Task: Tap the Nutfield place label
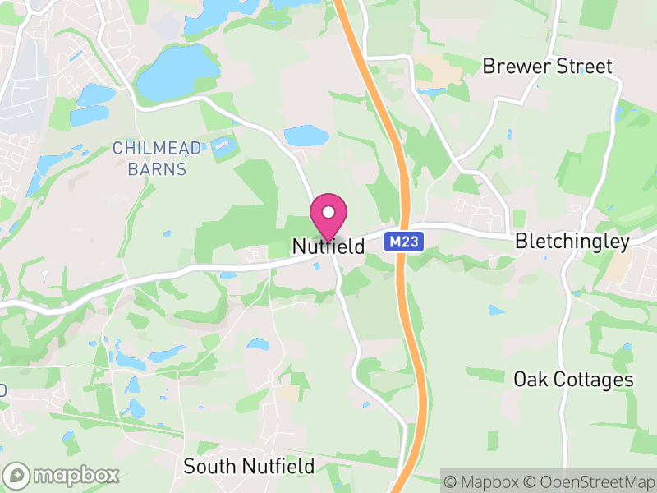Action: coord(328,246)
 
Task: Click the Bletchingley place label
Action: coord(572,242)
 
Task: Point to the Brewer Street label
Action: coord(547,67)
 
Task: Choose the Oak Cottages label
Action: coord(573,380)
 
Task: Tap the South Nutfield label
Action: coord(248,467)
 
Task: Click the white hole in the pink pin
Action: coord(328,213)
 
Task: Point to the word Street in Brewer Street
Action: coord(583,67)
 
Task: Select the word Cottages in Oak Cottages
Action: coord(591,380)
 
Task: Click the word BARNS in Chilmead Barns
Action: coord(157,170)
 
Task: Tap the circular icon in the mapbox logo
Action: coord(17,475)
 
